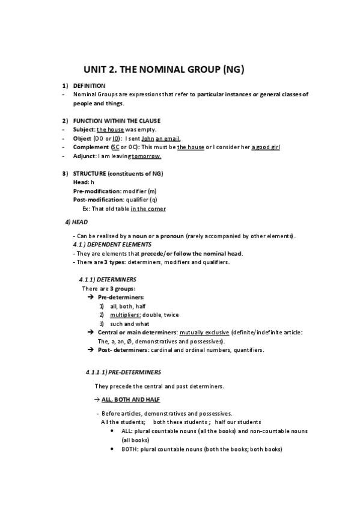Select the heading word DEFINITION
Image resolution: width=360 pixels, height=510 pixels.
tap(89, 86)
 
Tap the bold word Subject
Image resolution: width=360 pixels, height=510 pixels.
tap(84, 129)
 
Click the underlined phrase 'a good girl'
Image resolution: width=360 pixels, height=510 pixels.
tap(266, 147)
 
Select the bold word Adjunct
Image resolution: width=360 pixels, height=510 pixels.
tap(85, 156)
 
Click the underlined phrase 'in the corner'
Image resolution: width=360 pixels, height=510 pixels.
tap(148, 209)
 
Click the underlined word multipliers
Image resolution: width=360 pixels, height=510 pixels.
tap(125, 315)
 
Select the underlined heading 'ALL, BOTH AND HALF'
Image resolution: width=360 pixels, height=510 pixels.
tap(130, 399)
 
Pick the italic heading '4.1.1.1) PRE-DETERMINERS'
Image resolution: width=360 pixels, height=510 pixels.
tap(123, 372)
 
